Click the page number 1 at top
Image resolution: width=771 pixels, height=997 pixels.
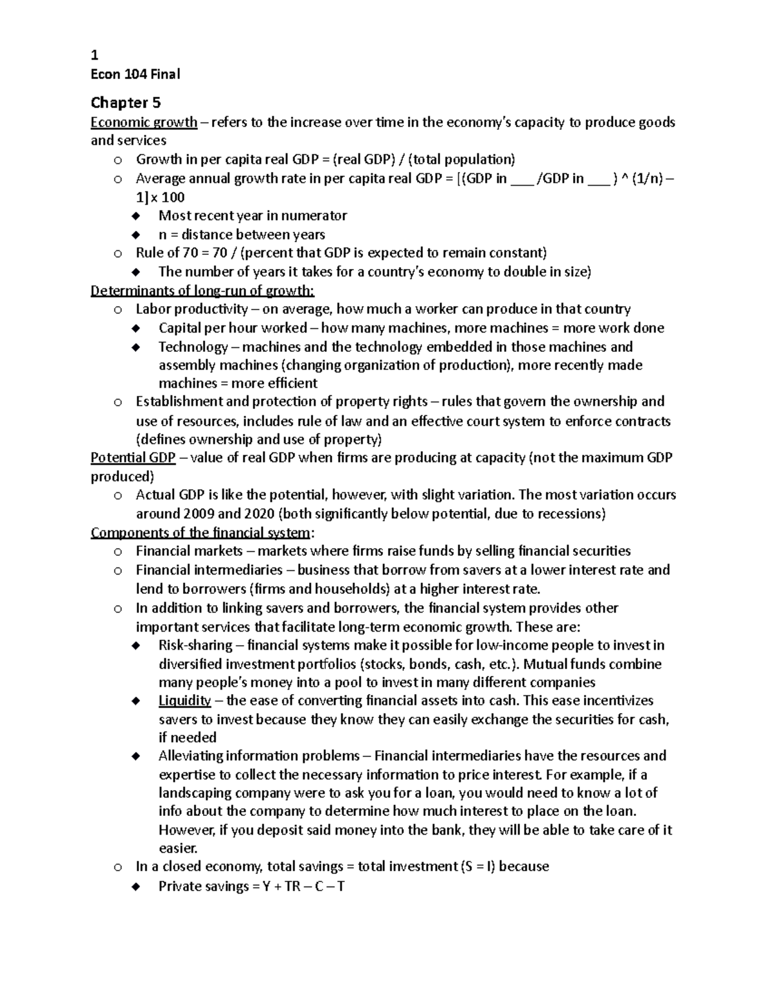click(94, 55)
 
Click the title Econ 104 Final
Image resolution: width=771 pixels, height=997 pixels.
click(135, 74)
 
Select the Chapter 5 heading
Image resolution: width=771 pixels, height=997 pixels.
click(125, 103)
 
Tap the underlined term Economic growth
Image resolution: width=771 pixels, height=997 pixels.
click(144, 123)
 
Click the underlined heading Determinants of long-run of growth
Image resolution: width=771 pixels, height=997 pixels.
click(202, 291)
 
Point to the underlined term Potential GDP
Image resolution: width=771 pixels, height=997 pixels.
click(133, 458)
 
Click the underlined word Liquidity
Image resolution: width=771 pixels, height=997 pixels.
click(184, 700)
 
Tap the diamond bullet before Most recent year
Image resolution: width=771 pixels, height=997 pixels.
click(136, 216)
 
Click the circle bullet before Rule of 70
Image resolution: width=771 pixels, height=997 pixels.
click(118, 254)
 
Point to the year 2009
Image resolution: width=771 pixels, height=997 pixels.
click(199, 514)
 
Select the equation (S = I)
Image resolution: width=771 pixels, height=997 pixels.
click(477, 867)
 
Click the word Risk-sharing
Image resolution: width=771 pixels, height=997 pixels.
click(195, 645)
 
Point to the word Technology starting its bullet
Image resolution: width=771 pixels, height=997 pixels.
click(193, 347)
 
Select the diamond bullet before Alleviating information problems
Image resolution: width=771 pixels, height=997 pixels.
click(136, 756)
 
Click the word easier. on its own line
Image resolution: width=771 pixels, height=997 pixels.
click(178, 848)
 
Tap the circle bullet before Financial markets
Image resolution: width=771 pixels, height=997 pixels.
click(118, 552)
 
